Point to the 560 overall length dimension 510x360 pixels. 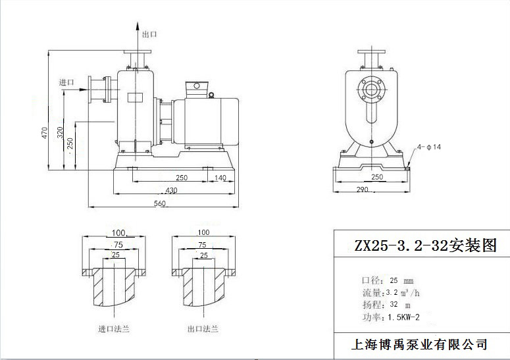click(159, 203)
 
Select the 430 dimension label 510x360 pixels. click(170, 190)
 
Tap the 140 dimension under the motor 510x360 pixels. click(220, 178)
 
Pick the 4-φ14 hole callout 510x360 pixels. click(428, 147)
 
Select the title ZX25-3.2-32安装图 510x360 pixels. click(422, 246)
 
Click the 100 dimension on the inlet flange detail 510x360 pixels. click(118, 233)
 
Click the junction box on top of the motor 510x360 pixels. click(197, 89)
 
